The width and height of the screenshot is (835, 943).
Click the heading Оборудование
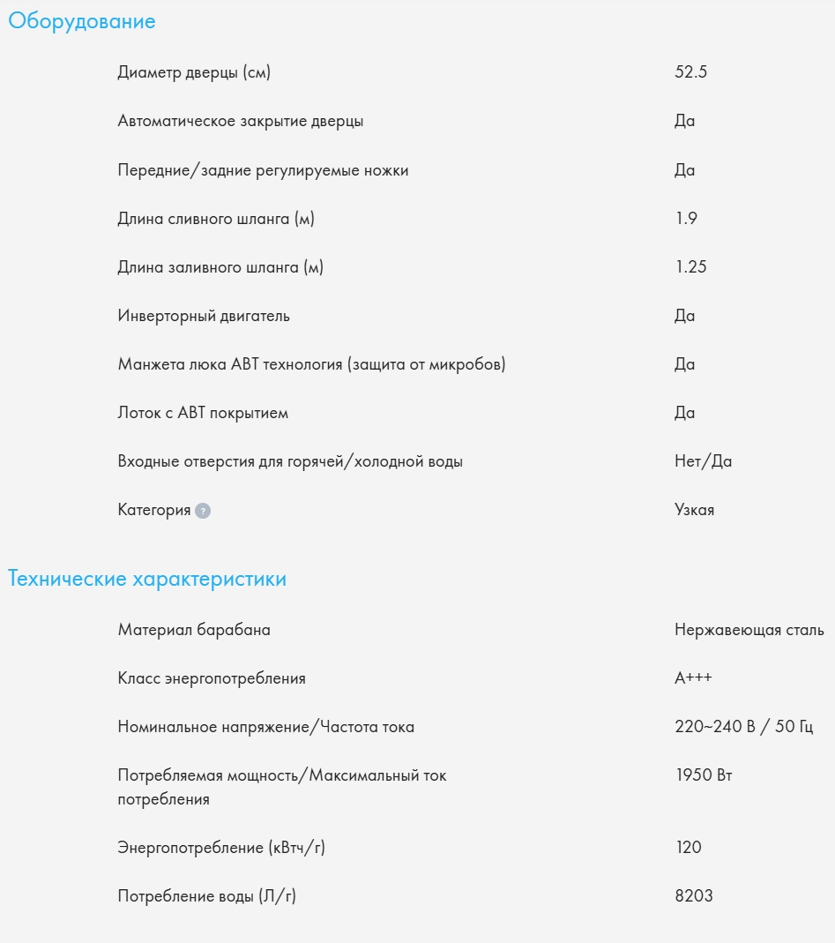coord(82,22)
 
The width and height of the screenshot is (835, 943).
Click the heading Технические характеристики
coord(147,580)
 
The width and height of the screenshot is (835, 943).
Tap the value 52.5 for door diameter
coord(690,72)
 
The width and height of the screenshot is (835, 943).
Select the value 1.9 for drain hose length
coord(686,219)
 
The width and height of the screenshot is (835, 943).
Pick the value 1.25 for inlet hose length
coord(690,267)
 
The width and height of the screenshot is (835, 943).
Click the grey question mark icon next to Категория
coord(203,511)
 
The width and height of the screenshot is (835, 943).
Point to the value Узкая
coord(694,510)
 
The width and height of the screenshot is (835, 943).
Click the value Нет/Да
coord(703,461)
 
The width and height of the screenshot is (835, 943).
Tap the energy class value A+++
coord(693,678)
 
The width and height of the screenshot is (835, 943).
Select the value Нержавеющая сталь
coord(749,630)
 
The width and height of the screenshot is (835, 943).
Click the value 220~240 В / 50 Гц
coord(743,727)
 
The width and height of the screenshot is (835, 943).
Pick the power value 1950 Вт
coord(703,775)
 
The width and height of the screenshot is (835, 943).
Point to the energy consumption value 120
coord(688,848)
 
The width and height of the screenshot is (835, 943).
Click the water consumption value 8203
coord(693,896)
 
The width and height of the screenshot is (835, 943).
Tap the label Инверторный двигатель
coord(204,316)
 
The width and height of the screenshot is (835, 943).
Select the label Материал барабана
coord(194,630)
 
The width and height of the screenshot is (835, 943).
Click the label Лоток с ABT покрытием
coord(203,413)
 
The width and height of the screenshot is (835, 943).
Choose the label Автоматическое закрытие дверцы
coord(240,121)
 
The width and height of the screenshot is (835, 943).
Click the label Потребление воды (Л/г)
coord(206,896)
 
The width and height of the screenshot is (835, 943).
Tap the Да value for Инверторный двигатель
coord(684,316)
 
